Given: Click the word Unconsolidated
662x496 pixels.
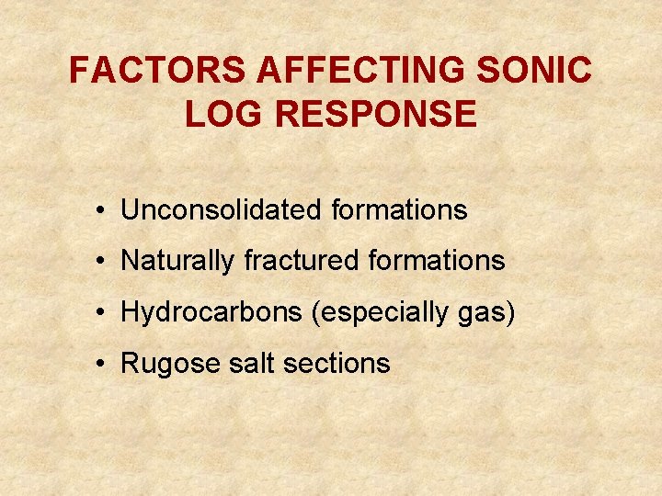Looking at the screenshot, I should pyautogui.click(x=222, y=210).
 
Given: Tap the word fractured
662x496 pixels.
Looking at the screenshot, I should pyautogui.click(x=302, y=261).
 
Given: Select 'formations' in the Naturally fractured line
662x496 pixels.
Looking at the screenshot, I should pyautogui.click(x=437, y=261).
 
